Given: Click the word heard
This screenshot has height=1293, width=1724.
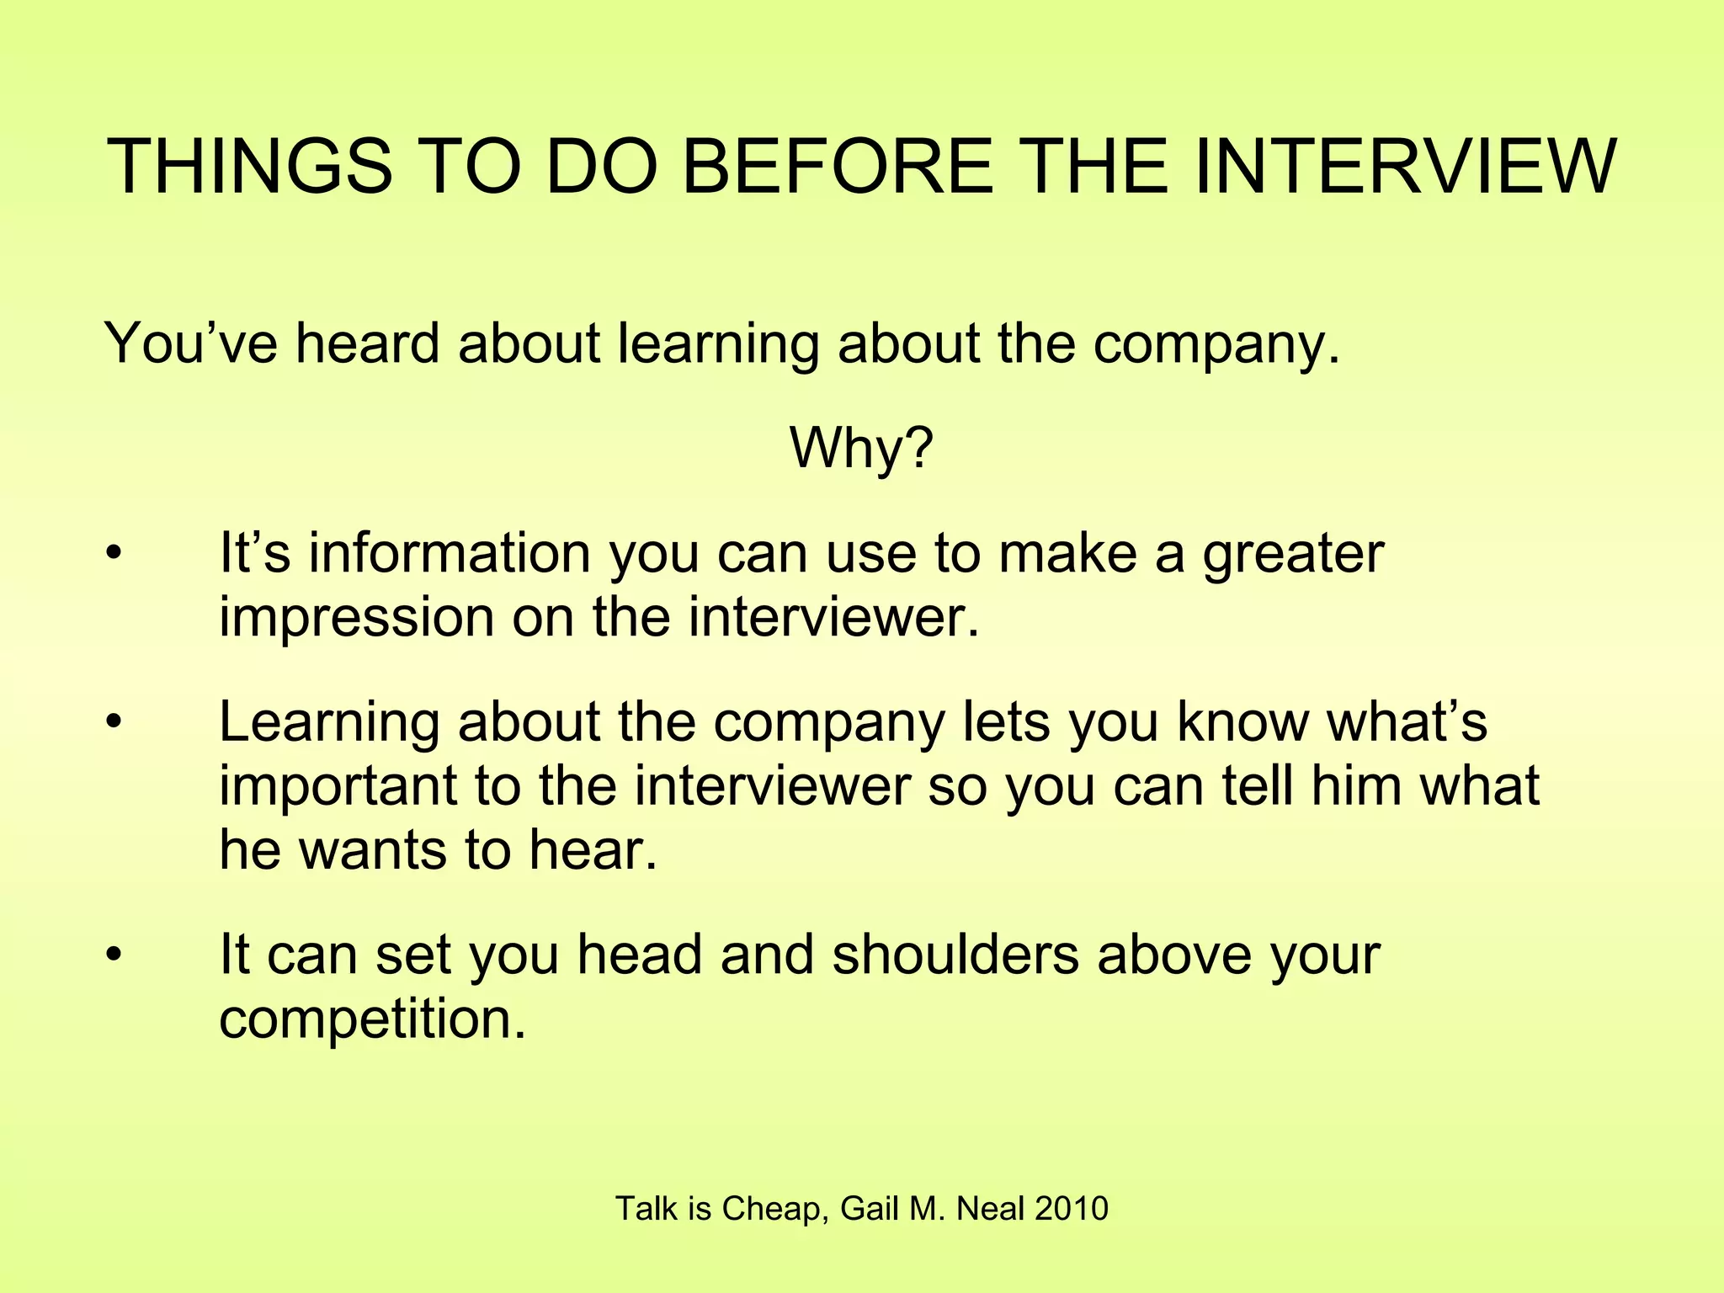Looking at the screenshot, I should pos(367,344).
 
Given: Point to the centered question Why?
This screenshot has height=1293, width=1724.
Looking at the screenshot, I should pos(861,449).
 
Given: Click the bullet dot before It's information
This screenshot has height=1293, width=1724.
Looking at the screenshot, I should pos(114,555).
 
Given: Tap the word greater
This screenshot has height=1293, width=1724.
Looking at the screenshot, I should pos(1293,556).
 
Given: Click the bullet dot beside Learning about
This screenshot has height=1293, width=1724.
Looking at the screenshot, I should pos(114,723).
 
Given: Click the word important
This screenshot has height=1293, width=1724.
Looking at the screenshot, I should pos(338,786).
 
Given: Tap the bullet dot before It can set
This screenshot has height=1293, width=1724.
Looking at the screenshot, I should pos(114,955).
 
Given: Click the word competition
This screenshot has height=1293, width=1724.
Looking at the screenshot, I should pos(372,1020).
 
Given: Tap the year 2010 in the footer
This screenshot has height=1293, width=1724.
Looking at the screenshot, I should pos(1072,1209).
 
